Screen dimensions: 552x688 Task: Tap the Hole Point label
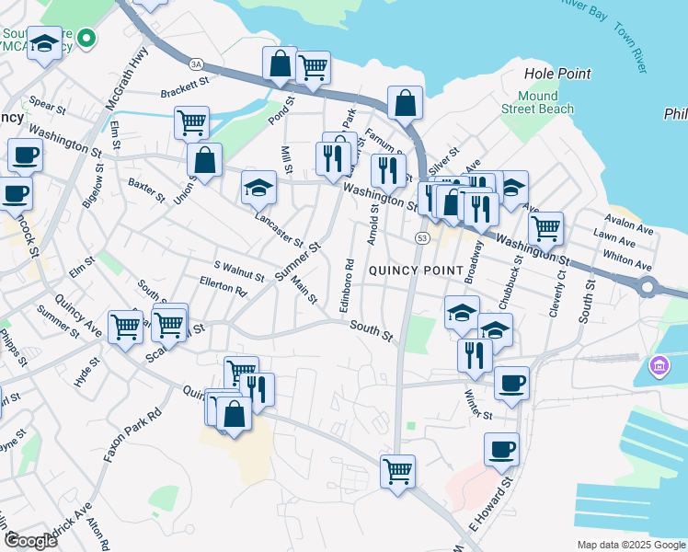[x=556, y=74]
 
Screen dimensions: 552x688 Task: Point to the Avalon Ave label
[x=627, y=221]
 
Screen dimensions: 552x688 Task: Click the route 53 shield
[x=422, y=238]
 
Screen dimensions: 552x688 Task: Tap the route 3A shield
[x=195, y=63]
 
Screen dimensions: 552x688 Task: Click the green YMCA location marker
[x=86, y=39]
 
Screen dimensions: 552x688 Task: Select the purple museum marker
[x=658, y=367]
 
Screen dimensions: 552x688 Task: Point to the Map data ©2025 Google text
[x=631, y=545]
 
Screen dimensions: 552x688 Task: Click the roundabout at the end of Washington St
[x=648, y=287]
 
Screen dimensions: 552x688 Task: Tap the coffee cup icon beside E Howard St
[x=501, y=449]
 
